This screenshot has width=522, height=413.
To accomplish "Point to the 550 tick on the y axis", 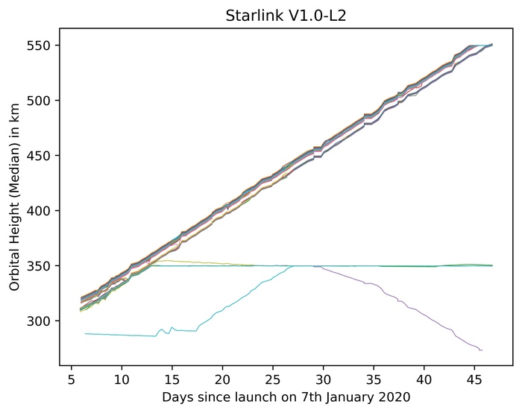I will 44,45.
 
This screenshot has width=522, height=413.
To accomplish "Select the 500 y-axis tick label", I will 44,101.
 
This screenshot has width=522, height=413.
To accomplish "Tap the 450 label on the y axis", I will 44,156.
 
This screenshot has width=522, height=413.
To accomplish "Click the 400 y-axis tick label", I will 44,211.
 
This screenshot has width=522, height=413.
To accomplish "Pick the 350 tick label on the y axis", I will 44,266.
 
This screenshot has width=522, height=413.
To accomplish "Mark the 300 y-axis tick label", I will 44,321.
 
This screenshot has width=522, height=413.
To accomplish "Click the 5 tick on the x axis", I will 71,379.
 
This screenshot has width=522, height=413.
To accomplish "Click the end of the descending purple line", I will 482,350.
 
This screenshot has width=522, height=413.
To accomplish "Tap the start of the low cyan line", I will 85,333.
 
